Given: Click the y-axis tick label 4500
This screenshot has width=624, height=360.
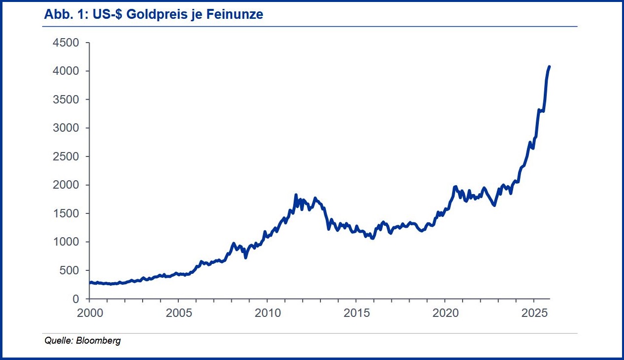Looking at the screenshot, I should (x=65, y=43).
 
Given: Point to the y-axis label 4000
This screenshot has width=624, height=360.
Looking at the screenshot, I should (x=65, y=71).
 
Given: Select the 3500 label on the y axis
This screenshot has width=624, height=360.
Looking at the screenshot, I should (x=65, y=100).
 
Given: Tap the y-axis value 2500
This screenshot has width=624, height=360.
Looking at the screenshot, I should (x=65, y=157).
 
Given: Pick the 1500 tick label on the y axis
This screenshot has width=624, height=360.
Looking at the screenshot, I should (x=65, y=214).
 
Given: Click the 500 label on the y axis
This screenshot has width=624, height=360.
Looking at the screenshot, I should (x=69, y=271).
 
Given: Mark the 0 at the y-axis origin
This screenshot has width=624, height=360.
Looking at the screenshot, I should (x=76, y=299).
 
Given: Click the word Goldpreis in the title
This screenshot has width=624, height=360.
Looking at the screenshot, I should (x=164, y=15).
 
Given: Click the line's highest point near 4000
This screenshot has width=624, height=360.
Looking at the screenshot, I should (x=549, y=66).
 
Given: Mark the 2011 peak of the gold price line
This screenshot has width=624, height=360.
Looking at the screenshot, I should (x=296, y=195).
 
